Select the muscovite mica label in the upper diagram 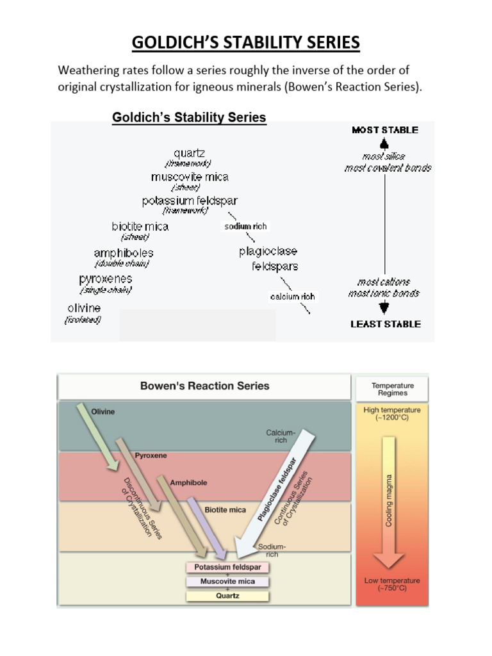[190, 177]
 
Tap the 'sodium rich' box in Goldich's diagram [245, 226]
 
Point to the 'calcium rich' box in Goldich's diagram [292, 297]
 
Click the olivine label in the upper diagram [84, 308]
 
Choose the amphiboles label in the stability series [124, 253]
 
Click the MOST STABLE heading [385, 130]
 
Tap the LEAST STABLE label [386, 324]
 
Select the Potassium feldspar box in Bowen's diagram [228, 568]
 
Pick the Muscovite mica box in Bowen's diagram [228, 582]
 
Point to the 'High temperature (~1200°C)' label [392, 414]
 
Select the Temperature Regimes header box [393, 389]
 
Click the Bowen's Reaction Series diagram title [205, 386]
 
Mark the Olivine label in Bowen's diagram [103, 412]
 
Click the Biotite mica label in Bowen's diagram [225, 510]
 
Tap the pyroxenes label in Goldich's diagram [106, 279]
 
